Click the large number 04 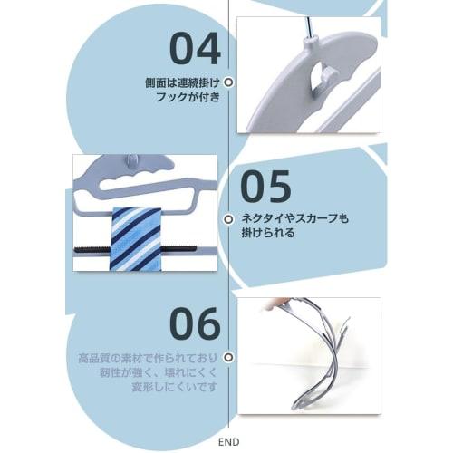click(x=195, y=49)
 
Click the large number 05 click(x=266, y=187)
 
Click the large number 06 click(x=195, y=323)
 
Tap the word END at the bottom click(x=229, y=442)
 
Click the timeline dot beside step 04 click(x=228, y=82)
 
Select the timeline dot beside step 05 click(x=228, y=218)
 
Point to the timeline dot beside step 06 click(x=228, y=358)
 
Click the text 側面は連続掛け click(x=182, y=81)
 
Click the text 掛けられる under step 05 click(x=263, y=233)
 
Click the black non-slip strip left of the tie click(x=92, y=247)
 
